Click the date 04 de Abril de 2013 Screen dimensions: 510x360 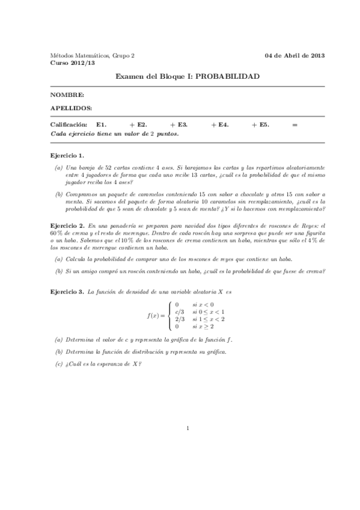click(294, 55)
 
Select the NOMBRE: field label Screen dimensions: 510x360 click(67, 95)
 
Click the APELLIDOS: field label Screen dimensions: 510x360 click(72, 108)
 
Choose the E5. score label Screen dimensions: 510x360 click(264, 124)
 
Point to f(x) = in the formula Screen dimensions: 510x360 click(157, 315)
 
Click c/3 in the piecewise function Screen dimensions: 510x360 click(179, 312)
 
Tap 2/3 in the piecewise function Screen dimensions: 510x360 click(179, 319)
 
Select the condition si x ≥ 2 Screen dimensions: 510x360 click(203, 327)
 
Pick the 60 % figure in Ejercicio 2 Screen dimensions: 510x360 click(56, 232)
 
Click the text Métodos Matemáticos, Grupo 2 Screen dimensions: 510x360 click(92, 55)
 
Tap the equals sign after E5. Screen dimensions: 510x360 click(294, 124)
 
